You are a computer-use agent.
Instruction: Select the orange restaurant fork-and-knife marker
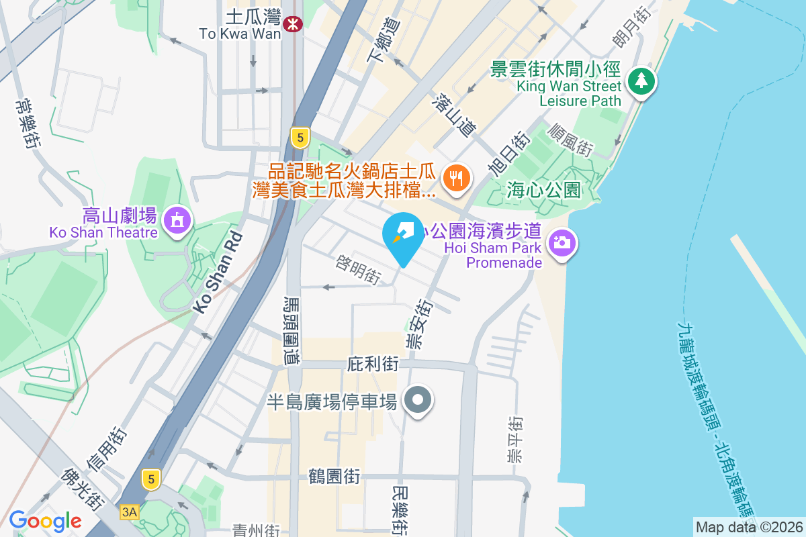(x=457, y=178)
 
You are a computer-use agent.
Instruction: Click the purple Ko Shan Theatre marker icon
(x=177, y=219)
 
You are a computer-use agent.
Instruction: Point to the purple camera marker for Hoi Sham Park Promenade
(x=562, y=242)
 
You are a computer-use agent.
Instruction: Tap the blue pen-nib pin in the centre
(x=403, y=235)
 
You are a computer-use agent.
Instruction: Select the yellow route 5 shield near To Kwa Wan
(x=300, y=138)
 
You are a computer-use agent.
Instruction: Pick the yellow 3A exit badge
(x=129, y=512)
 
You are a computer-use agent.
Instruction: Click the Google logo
(x=45, y=521)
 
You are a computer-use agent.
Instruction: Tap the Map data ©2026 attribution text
(x=748, y=527)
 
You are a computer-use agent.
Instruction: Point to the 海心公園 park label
(x=543, y=190)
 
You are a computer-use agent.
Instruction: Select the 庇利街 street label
(x=373, y=364)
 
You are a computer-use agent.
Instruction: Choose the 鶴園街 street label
(x=335, y=477)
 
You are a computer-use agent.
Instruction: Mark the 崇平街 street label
(x=515, y=440)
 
